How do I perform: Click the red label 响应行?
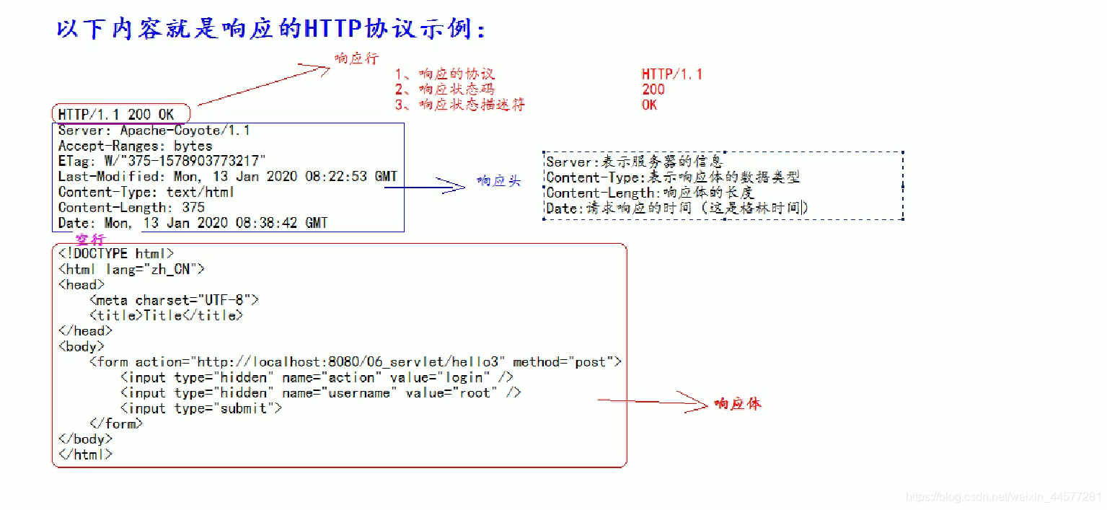pos(356,58)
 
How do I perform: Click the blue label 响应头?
pos(498,182)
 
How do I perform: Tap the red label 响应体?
pos(737,404)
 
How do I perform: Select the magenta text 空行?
pos(90,239)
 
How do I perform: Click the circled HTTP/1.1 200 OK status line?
pos(117,115)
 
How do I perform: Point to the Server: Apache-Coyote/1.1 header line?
pos(154,131)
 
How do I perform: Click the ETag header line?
pos(162,161)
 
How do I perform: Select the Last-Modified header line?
pos(227,177)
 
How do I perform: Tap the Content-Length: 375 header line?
pos(131,208)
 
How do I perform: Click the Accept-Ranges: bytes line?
pos(135,146)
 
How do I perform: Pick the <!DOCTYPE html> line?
pos(115,254)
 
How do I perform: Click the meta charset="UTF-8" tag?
pos(173,300)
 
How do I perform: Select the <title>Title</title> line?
pos(166,315)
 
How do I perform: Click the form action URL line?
pos(355,362)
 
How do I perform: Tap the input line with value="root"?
pos(320,393)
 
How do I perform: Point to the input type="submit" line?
pos(200,408)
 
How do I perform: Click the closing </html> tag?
pos(85,454)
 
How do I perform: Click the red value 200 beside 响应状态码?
pos(653,89)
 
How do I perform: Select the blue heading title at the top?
pos(271,29)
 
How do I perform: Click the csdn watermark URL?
pos(1003,498)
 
